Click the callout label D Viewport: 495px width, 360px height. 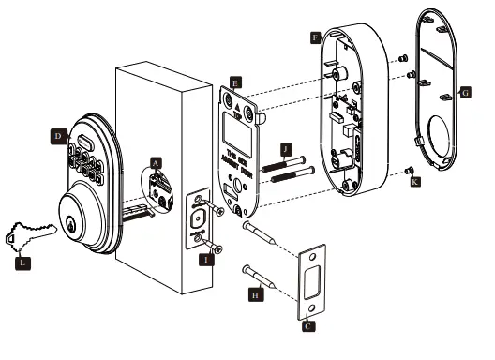(x=57, y=136)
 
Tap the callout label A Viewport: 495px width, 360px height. (x=157, y=161)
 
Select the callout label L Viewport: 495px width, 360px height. (x=22, y=263)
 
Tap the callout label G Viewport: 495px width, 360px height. (x=465, y=95)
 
